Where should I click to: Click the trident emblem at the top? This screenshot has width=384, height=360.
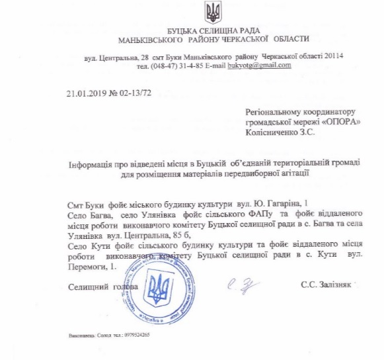213,11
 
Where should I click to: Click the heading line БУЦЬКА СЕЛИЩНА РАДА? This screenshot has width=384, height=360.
213,32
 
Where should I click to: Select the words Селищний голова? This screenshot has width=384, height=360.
103,287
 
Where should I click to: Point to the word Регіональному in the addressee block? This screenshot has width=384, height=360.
275,112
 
